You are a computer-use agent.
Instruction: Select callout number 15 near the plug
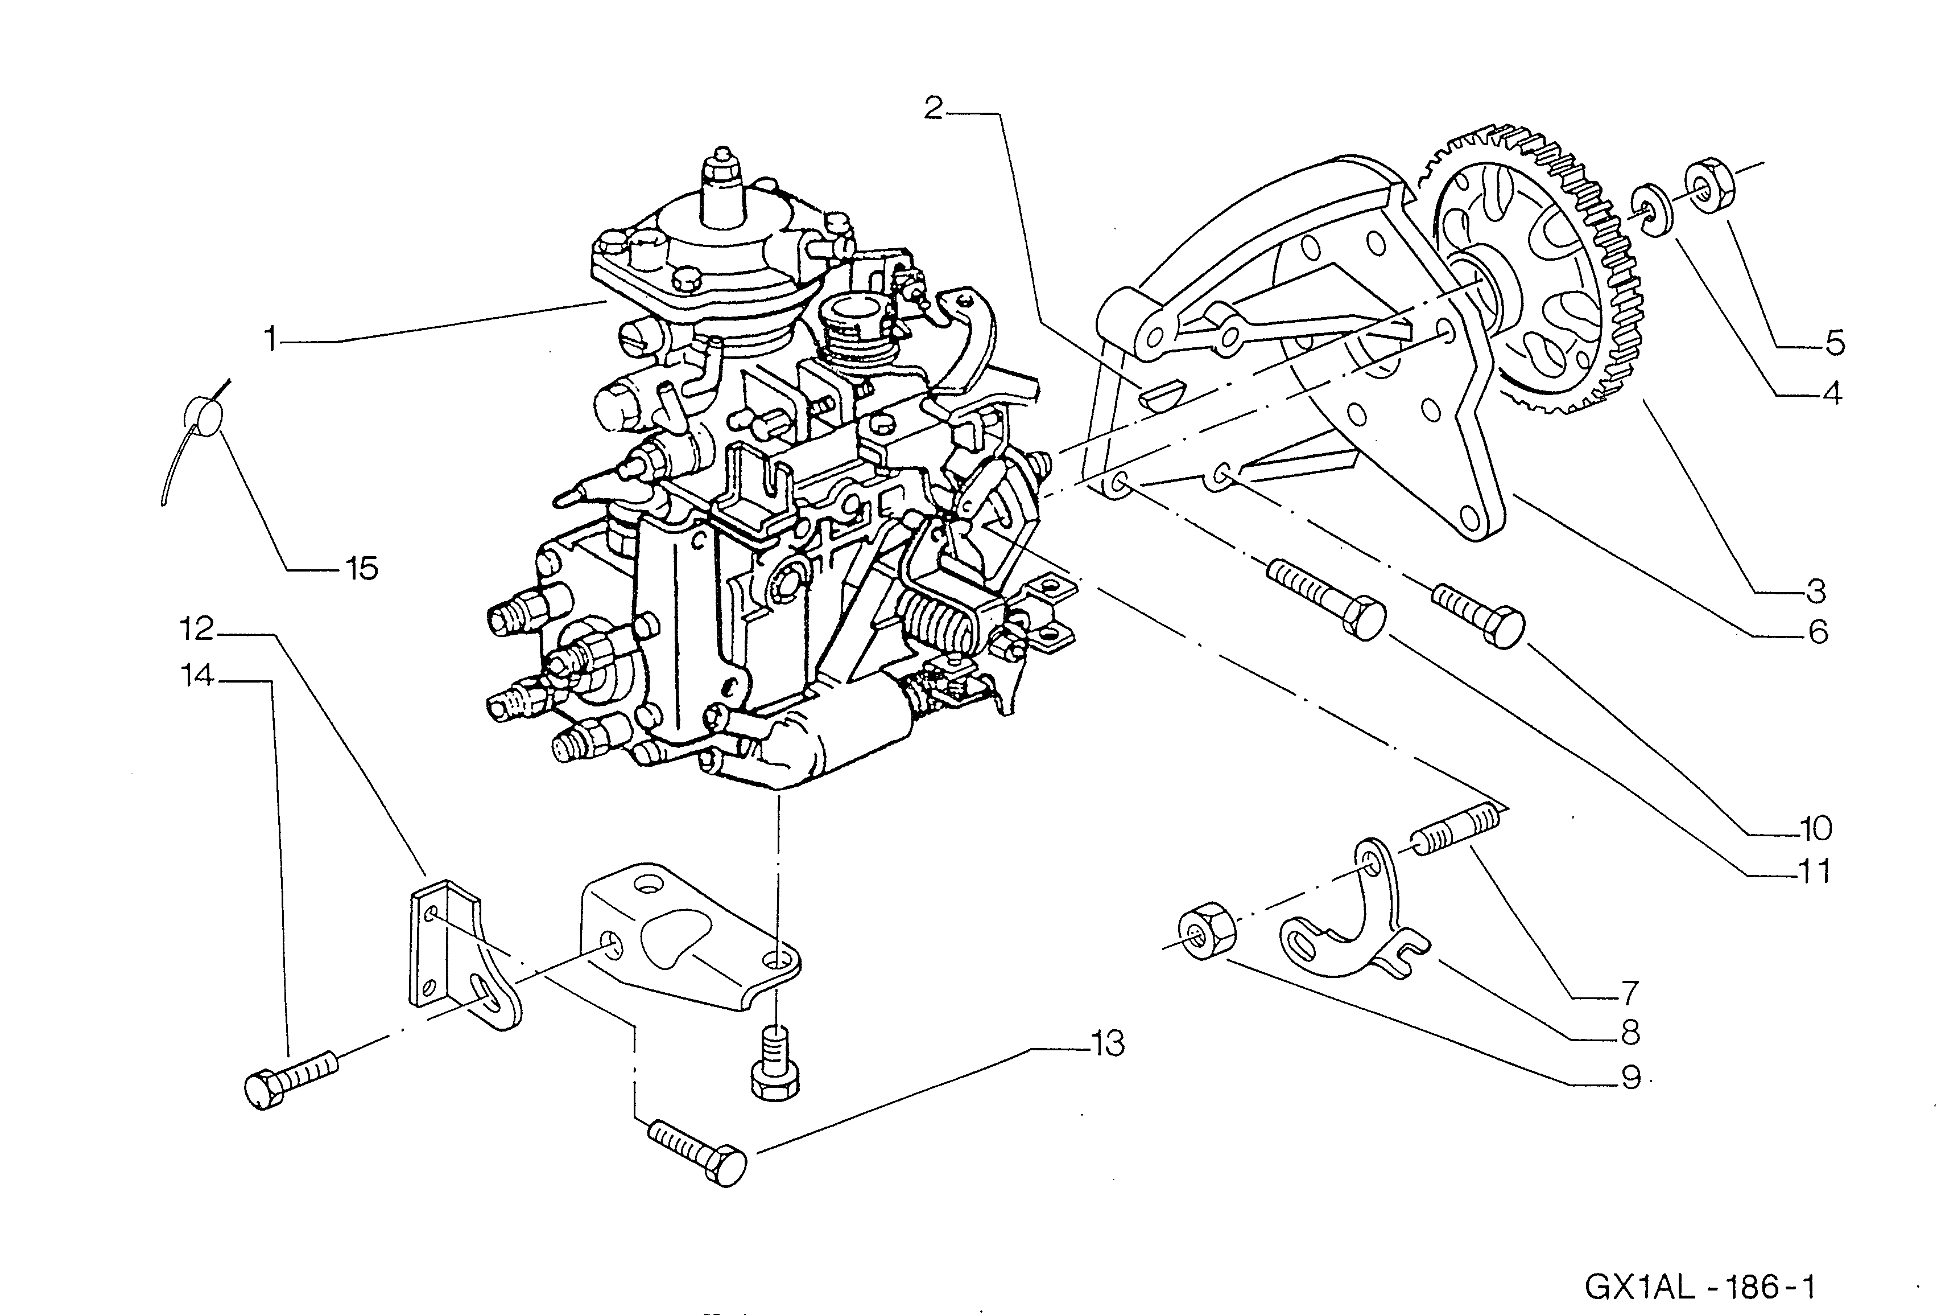click(362, 569)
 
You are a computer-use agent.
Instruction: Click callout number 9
click(1631, 1078)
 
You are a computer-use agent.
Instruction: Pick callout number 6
click(1818, 632)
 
